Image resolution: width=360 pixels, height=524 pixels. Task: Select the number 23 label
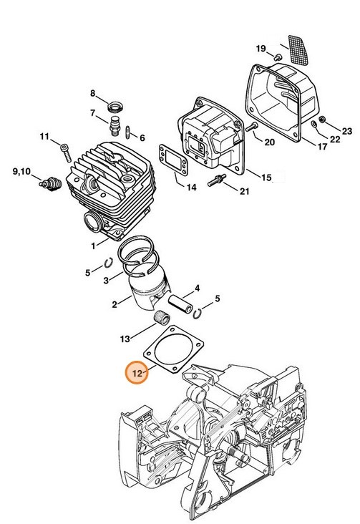[346, 131]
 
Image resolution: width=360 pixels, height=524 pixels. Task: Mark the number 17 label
[322, 147]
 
